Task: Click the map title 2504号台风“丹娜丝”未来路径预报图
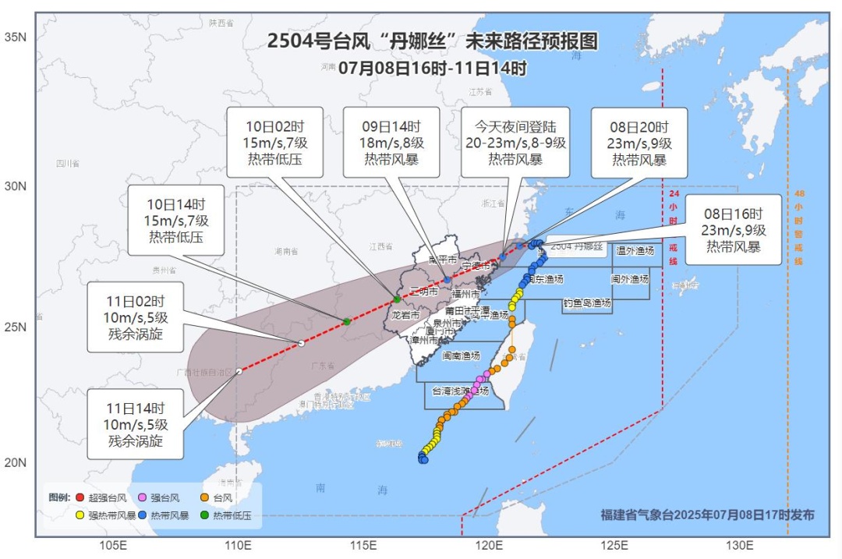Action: pos(432,41)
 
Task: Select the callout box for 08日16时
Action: pos(733,230)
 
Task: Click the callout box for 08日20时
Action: pos(639,143)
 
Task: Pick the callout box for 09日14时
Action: pos(394,143)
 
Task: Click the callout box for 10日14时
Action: pos(175,220)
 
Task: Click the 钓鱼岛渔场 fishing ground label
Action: pos(587,302)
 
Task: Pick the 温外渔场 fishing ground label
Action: pos(635,251)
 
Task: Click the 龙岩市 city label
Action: pos(405,316)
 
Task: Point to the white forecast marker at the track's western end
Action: pos(239,371)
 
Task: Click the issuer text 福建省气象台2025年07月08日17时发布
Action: pos(707,515)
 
